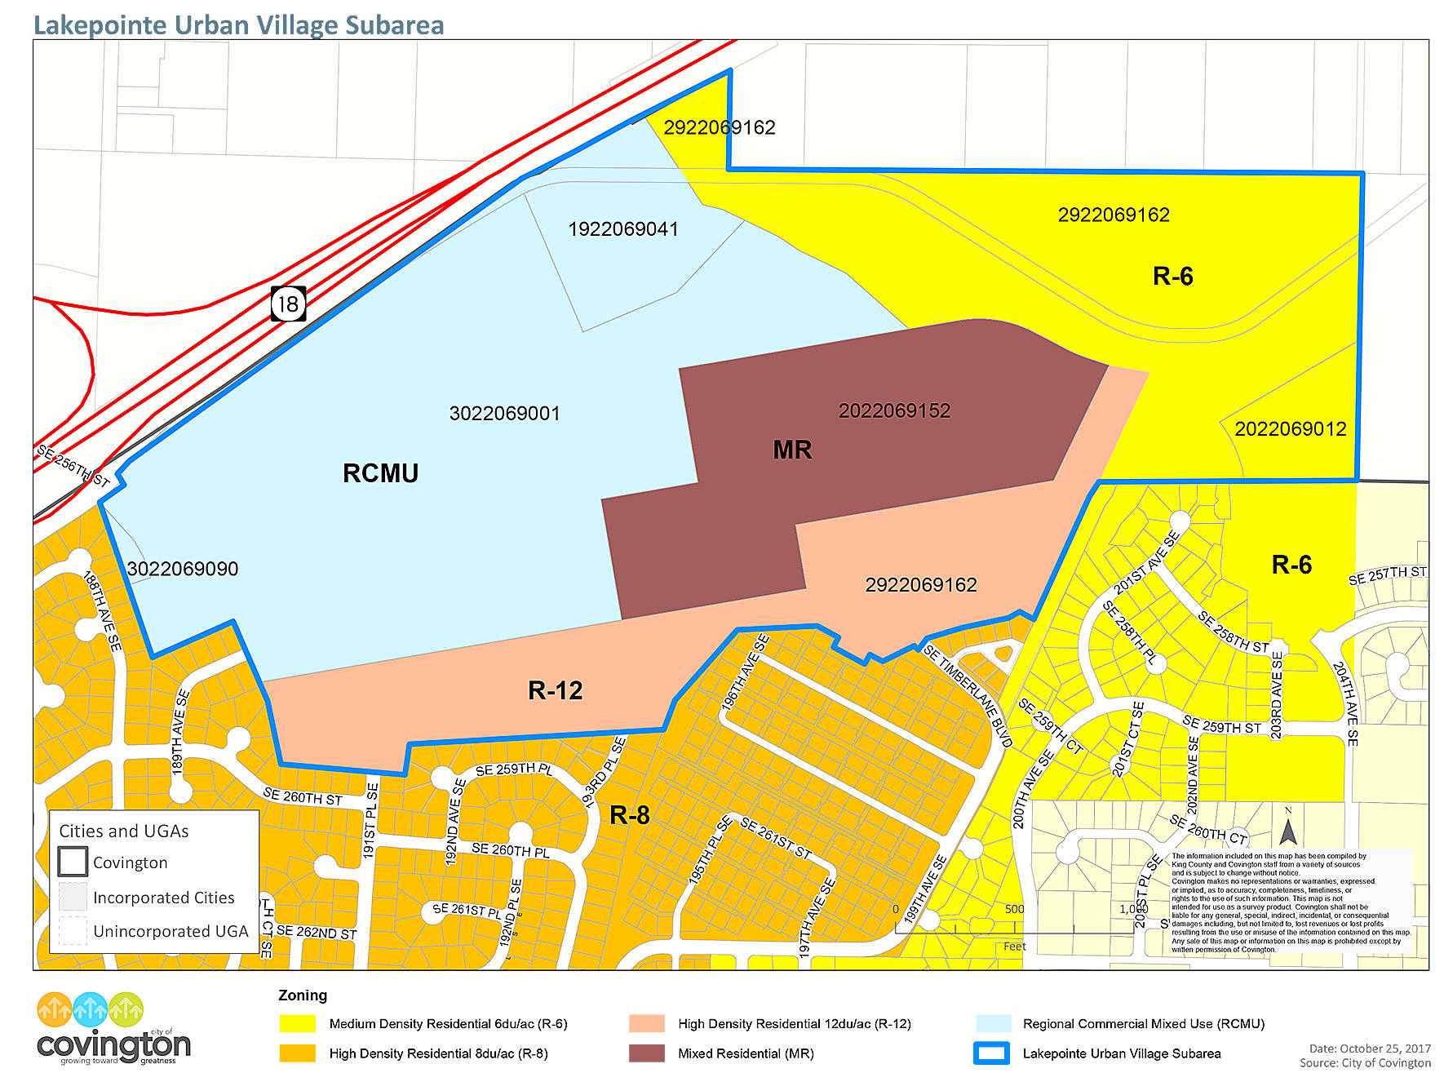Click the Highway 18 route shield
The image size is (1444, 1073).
(288, 304)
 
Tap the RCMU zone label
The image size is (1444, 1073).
(380, 473)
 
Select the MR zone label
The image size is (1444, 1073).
(792, 450)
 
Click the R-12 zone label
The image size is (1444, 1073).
(555, 690)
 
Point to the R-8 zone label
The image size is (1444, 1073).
(630, 814)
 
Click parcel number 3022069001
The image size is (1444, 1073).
(504, 414)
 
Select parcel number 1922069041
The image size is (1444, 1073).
(622, 229)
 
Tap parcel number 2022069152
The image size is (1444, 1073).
(894, 410)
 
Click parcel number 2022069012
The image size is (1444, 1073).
(1290, 429)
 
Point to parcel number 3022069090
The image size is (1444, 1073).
(183, 569)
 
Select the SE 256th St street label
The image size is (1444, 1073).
(73, 466)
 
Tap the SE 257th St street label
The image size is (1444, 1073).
(1387, 575)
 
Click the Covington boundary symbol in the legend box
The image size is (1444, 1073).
(73, 862)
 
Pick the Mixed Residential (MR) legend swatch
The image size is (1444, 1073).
(646, 1053)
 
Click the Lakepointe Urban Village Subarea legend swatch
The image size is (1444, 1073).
(992, 1053)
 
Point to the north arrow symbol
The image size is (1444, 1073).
(1287, 831)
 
